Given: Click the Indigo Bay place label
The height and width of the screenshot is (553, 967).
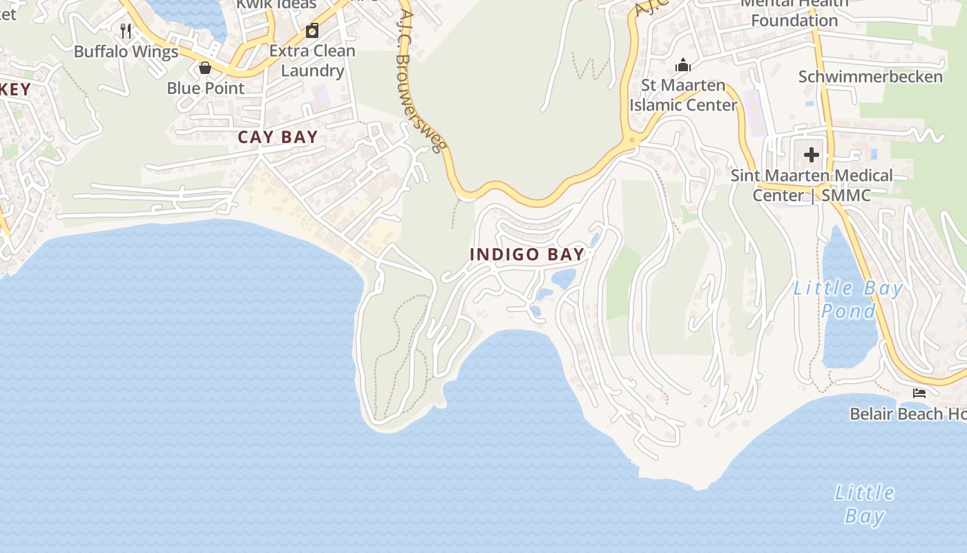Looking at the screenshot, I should (527, 254).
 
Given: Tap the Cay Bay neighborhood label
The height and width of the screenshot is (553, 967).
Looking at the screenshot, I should (278, 137).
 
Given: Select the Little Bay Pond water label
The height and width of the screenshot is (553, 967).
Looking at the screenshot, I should (848, 299).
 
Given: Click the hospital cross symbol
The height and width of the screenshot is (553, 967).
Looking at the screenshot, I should (812, 154).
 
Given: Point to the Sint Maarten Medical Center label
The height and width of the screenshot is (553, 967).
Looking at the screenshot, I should (812, 185).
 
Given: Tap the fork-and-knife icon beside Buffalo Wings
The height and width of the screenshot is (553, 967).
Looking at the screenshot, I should (126, 31).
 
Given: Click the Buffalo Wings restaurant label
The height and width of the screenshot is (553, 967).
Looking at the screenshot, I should (126, 52).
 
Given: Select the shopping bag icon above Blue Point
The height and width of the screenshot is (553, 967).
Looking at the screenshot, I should (205, 68).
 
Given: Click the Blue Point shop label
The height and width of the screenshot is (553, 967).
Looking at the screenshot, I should (206, 88).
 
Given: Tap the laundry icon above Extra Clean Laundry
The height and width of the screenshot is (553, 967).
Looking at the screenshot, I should (312, 30).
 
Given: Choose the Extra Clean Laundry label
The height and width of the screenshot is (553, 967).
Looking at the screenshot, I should (312, 61).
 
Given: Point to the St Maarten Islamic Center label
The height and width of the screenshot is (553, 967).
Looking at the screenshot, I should (683, 95).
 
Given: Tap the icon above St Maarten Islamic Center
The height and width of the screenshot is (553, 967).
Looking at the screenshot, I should (683, 66).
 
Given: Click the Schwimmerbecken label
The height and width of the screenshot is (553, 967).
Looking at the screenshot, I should (870, 77).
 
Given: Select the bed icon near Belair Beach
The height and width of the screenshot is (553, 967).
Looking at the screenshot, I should (919, 393).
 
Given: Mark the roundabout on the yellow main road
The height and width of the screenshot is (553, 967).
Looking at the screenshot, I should (632, 140).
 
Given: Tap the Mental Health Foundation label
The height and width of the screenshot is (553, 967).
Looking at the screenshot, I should (794, 12).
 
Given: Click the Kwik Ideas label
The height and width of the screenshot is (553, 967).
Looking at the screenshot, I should (276, 4).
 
